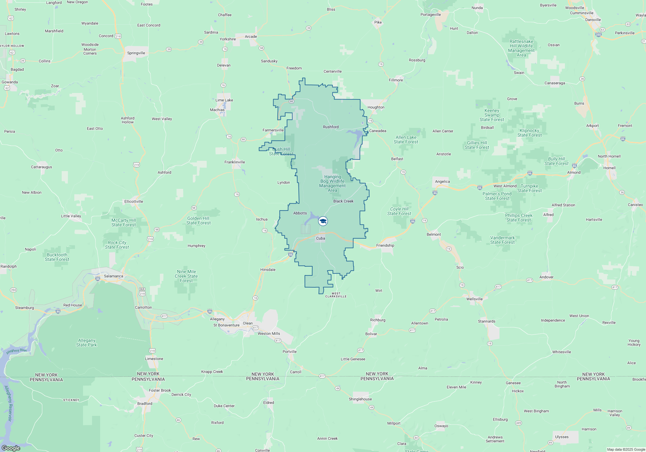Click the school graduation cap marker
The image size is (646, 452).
[x=323, y=221]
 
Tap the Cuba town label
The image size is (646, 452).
[x=321, y=238]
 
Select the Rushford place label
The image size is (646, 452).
[x=331, y=127]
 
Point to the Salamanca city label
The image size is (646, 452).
[x=113, y=276]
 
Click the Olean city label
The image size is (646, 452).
[x=248, y=323]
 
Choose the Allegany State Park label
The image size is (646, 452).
[x=87, y=343]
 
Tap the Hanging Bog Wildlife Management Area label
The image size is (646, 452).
[x=332, y=183]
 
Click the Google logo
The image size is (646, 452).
[x=11, y=448]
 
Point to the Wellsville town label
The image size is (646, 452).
[x=474, y=299]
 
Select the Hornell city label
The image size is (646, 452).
[x=610, y=168]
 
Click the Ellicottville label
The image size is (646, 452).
[x=134, y=201]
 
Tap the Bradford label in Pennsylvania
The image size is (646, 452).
[x=145, y=404]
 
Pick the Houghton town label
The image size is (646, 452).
[x=376, y=107]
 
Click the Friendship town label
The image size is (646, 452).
[x=385, y=245]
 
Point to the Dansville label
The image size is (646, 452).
[x=593, y=20]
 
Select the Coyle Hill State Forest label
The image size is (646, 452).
[x=399, y=211]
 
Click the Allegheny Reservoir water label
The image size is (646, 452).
[x=9, y=404]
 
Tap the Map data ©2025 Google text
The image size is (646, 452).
[x=626, y=449]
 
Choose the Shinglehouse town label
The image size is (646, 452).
[x=360, y=399]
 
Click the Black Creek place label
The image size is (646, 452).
[x=343, y=201]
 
